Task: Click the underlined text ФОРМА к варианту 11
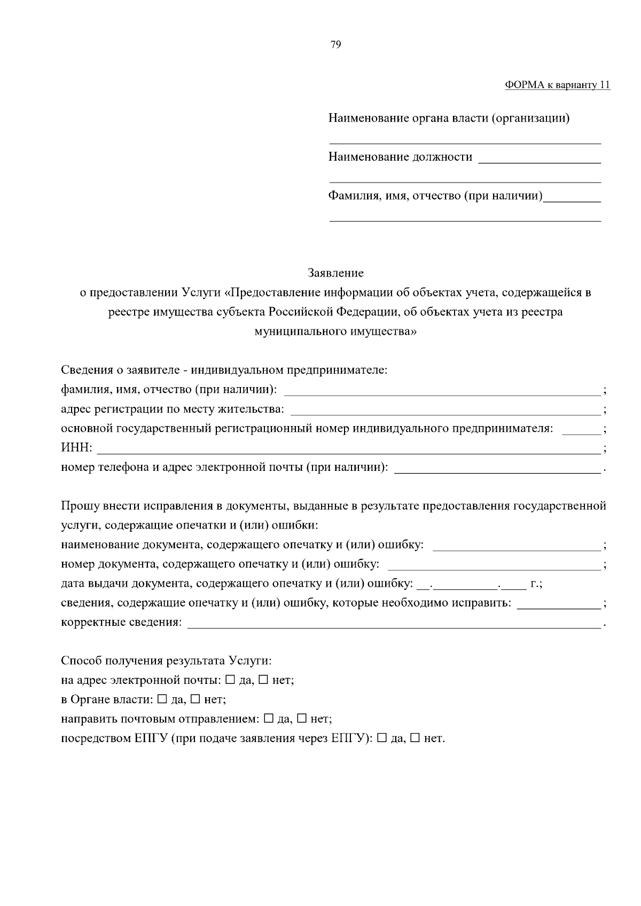(557, 85)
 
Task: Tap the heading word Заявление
(335, 273)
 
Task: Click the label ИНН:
(76, 448)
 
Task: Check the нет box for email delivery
(263, 680)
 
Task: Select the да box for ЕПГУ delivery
(382, 738)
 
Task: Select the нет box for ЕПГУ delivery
(415, 738)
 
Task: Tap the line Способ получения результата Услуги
(166, 661)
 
